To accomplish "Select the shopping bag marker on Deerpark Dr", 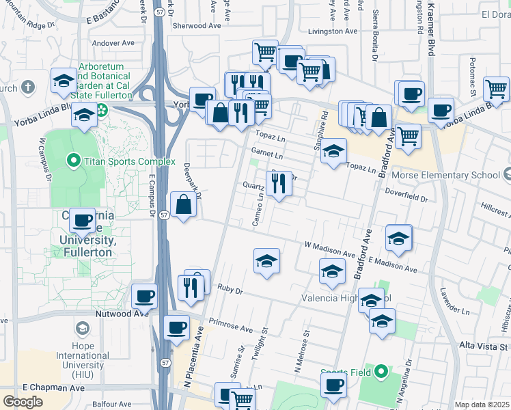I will (183, 205).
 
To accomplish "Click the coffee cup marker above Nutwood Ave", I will (144, 297).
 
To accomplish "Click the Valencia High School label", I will (348, 299).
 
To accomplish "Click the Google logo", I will (23, 401).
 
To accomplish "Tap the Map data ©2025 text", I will (482, 405).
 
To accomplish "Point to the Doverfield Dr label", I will (404, 200).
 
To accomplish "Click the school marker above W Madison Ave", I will (266, 260).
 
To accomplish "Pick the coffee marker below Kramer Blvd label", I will (441, 110).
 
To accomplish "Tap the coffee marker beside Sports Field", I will (333, 385).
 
